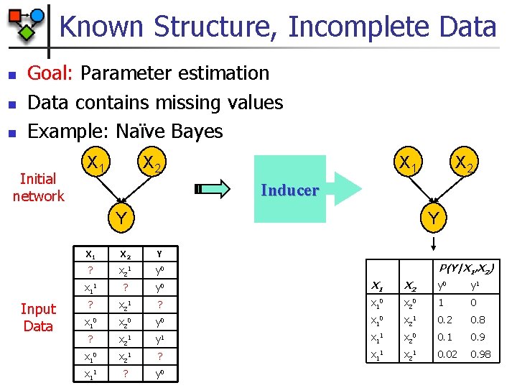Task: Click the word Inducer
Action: [x=289, y=190]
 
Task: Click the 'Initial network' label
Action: [x=38, y=188]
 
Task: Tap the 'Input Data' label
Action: [x=38, y=318]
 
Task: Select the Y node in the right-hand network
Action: [x=432, y=216]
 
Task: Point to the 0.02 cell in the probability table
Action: [x=448, y=354]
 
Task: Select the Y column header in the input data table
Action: [x=159, y=254]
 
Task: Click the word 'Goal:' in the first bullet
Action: [x=51, y=73]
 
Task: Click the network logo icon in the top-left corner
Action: [x=26, y=22]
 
